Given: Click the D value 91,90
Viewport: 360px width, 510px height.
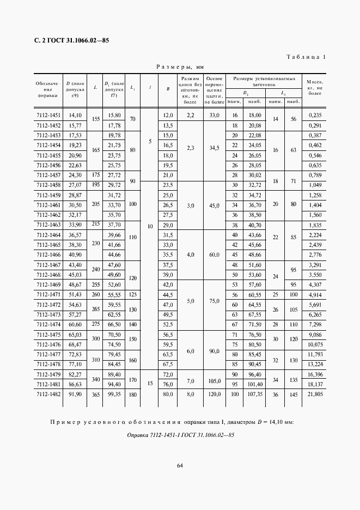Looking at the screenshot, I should [74, 394].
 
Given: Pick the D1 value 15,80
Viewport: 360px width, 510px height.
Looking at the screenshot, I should [114, 116].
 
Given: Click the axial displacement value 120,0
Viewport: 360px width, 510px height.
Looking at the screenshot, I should [214, 394].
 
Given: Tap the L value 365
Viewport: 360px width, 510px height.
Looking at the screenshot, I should [95, 394].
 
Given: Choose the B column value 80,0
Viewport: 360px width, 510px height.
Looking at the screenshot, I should [168, 394].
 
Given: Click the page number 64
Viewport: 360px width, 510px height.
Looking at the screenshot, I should [179, 464].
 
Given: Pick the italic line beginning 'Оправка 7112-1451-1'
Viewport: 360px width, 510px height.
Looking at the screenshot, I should [180, 435].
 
